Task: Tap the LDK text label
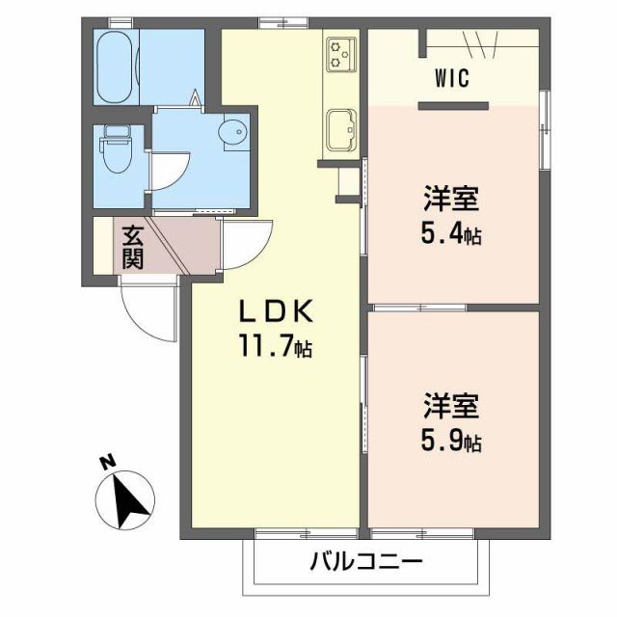click(x=277, y=311)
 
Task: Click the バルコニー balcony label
click(x=366, y=562)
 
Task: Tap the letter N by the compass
click(x=108, y=463)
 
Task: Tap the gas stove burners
click(x=341, y=53)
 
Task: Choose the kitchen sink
click(x=341, y=129)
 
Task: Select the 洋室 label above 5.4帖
click(x=451, y=203)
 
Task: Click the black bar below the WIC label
click(x=453, y=104)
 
